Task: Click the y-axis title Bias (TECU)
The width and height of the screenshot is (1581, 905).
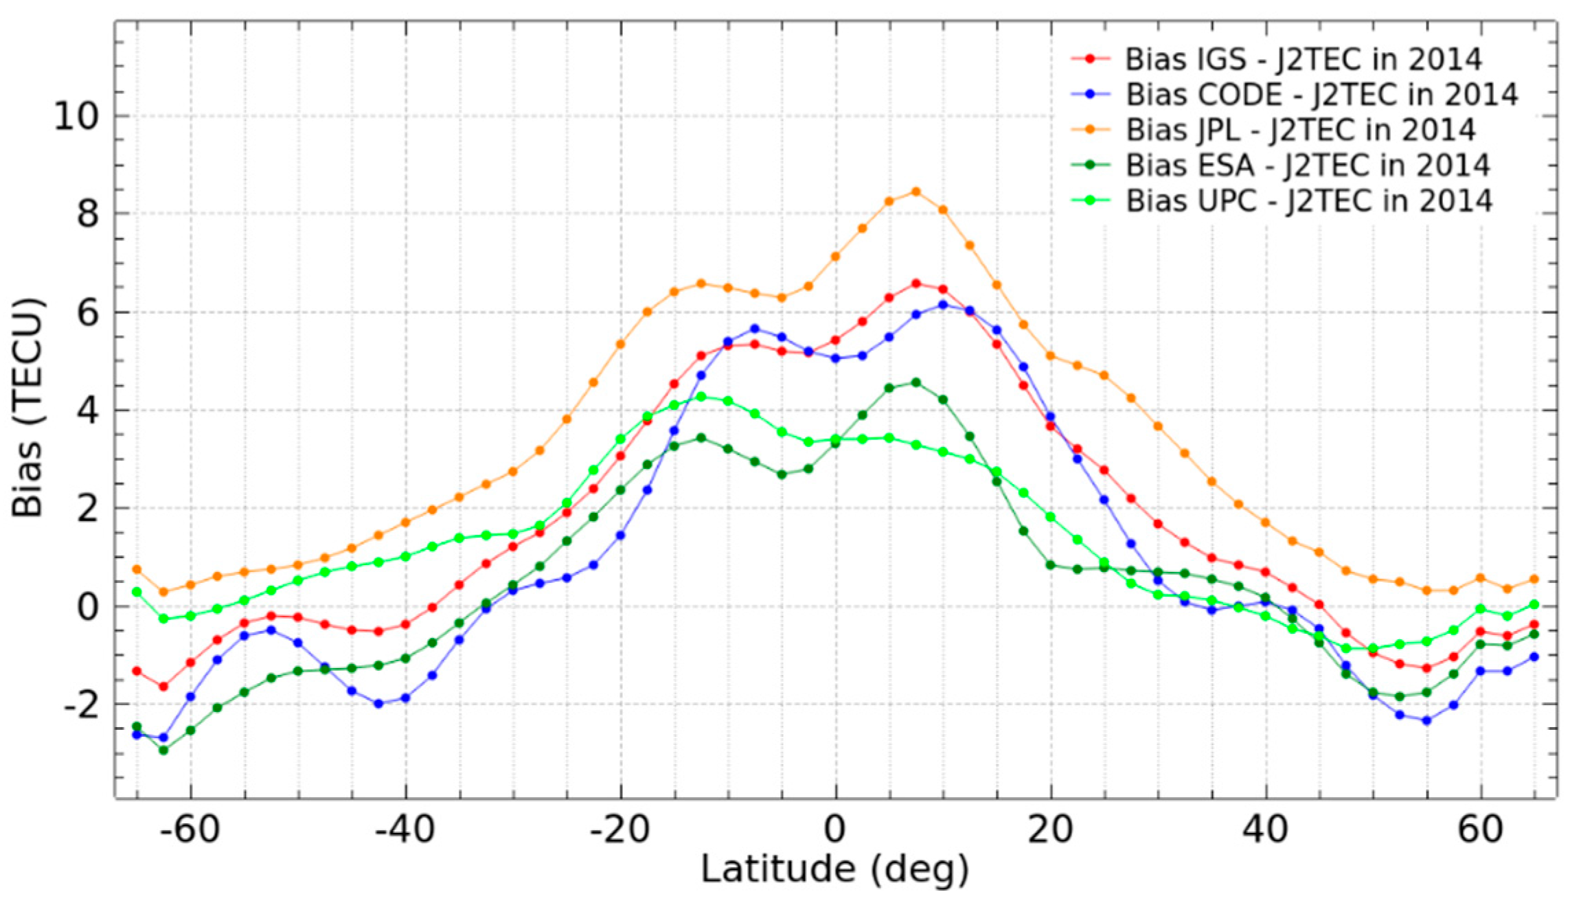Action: [27, 408]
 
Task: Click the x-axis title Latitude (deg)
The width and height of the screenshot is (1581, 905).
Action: [834, 869]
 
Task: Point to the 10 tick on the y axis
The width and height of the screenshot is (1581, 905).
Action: [76, 117]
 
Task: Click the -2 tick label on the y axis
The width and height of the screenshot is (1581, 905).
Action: [81, 705]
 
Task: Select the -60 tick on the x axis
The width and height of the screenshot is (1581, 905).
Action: [190, 830]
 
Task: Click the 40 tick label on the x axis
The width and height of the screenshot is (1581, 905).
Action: [1266, 830]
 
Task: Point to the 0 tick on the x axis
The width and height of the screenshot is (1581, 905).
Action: [835, 830]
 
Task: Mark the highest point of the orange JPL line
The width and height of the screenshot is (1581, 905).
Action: [915, 192]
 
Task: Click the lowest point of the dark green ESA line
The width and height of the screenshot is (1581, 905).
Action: [163, 751]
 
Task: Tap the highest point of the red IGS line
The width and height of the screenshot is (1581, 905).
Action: [915, 283]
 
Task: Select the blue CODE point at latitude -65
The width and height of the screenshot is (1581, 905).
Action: [137, 735]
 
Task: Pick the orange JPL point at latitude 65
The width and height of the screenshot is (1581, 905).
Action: [1534, 580]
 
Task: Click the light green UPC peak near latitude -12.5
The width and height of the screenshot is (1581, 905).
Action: [701, 396]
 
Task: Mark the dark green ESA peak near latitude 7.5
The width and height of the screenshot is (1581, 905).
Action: [915, 382]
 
